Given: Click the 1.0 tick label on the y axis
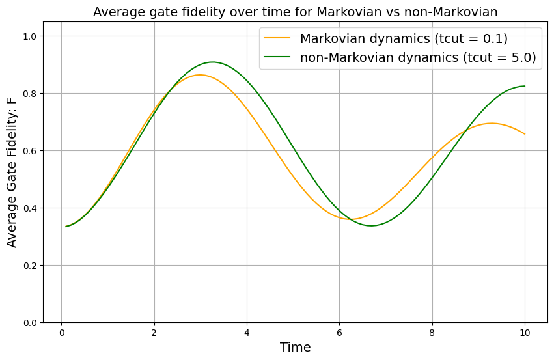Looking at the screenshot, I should coord(31,36).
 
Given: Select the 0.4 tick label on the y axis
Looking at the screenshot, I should coord(31,208).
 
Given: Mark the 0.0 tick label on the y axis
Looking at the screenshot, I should coord(31,322).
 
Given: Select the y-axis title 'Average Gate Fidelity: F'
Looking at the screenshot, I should coord(12,179).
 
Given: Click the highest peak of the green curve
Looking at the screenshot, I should coord(213,62).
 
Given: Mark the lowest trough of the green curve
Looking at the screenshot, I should coord(371,226).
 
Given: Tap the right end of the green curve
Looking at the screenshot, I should coord(525,86).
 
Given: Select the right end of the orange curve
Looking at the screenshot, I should coord(525,134).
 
